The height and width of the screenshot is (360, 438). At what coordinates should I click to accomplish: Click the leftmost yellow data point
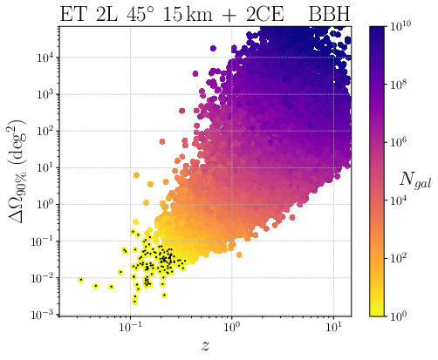coord(81,280)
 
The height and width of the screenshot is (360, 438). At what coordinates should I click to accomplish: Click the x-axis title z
coord(205,346)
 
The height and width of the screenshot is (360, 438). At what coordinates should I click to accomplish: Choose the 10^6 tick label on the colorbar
coord(400,143)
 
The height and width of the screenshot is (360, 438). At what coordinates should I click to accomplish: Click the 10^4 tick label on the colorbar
coord(400,200)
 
